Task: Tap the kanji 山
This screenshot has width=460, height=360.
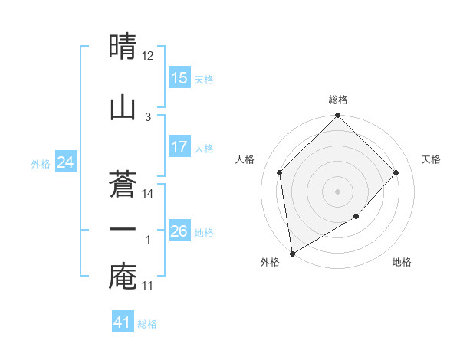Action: click(x=123, y=107)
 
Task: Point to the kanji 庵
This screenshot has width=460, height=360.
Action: click(x=123, y=278)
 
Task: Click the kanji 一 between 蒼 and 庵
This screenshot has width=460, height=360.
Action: click(x=123, y=228)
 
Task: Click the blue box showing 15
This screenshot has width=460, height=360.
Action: click(x=179, y=78)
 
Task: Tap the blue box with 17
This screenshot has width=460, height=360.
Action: click(x=179, y=147)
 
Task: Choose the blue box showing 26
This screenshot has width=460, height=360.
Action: click(x=179, y=231)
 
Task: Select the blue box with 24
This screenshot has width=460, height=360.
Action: click(x=66, y=162)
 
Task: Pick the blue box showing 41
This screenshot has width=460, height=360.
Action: click(x=123, y=322)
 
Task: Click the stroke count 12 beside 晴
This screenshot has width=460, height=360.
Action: click(x=148, y=56)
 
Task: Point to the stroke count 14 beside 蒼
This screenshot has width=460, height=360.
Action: click(x=148, y=194)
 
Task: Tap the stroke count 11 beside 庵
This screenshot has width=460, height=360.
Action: click(x=148, y=286)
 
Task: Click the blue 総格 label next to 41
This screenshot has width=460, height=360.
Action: click(x=148, y=324)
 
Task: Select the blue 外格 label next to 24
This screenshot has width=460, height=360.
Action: click(x=41, y=163)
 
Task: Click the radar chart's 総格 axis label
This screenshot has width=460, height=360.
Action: click(x=337, y=100)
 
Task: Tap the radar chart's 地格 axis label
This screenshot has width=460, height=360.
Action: click(x=402, y=262)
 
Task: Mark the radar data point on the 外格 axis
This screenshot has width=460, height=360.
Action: click(x=292, y=253)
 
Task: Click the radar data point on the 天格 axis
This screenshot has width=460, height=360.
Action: click(x=396, y=172)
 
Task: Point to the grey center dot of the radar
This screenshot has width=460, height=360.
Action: click(x=337, y=191)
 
